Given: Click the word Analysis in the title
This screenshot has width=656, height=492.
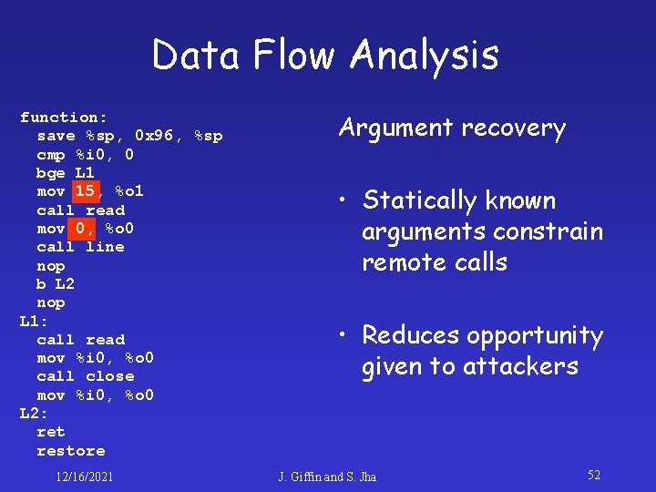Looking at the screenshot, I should pos(425,56).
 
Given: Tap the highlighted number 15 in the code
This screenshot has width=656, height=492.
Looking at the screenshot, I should pos(85,190).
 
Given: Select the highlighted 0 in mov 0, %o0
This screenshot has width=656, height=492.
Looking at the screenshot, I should pos(80,228).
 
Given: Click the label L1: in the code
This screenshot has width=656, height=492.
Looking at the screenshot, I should pos(34,321).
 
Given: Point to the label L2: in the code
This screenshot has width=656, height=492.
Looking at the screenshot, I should pos(34,414).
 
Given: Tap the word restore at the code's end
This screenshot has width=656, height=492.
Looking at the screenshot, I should pos(70,451).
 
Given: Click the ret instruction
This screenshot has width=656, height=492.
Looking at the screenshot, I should pos(51,432).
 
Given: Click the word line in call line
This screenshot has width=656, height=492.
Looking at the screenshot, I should pos(105,247).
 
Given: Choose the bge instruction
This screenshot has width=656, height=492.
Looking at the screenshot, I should pos(51,172).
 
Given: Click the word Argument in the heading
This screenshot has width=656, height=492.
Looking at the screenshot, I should pos(396,128).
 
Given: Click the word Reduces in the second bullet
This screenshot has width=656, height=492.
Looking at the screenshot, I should pos(411,335).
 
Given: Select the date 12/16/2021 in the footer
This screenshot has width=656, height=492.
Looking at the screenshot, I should pos(84,476).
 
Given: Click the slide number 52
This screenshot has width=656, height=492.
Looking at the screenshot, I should pos(594,475).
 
